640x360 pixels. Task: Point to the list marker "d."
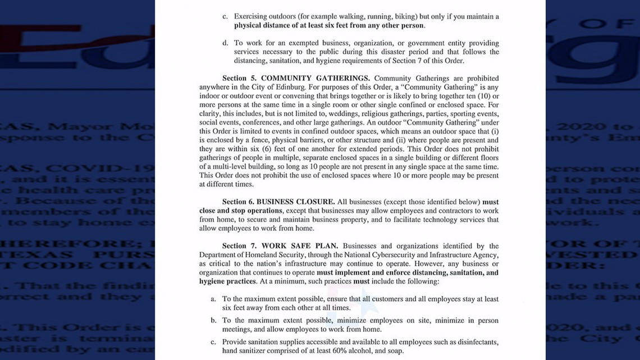point(225,43)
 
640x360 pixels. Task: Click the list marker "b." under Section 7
point(213,321)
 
